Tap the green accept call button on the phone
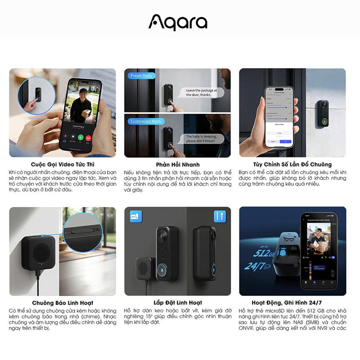(x=81, y=137)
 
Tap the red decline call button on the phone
(x=90, y=137)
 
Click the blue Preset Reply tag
(x=141, y=76)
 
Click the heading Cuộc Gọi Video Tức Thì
(x=62, y=164)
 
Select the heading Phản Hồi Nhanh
(x=177, y=164)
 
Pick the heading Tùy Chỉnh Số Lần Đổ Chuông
(x=292, y=164)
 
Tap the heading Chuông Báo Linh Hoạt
(x=63, y=303)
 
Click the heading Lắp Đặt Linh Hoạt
(x=177, y=303)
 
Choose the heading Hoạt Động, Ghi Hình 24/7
(x=292, y=303)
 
